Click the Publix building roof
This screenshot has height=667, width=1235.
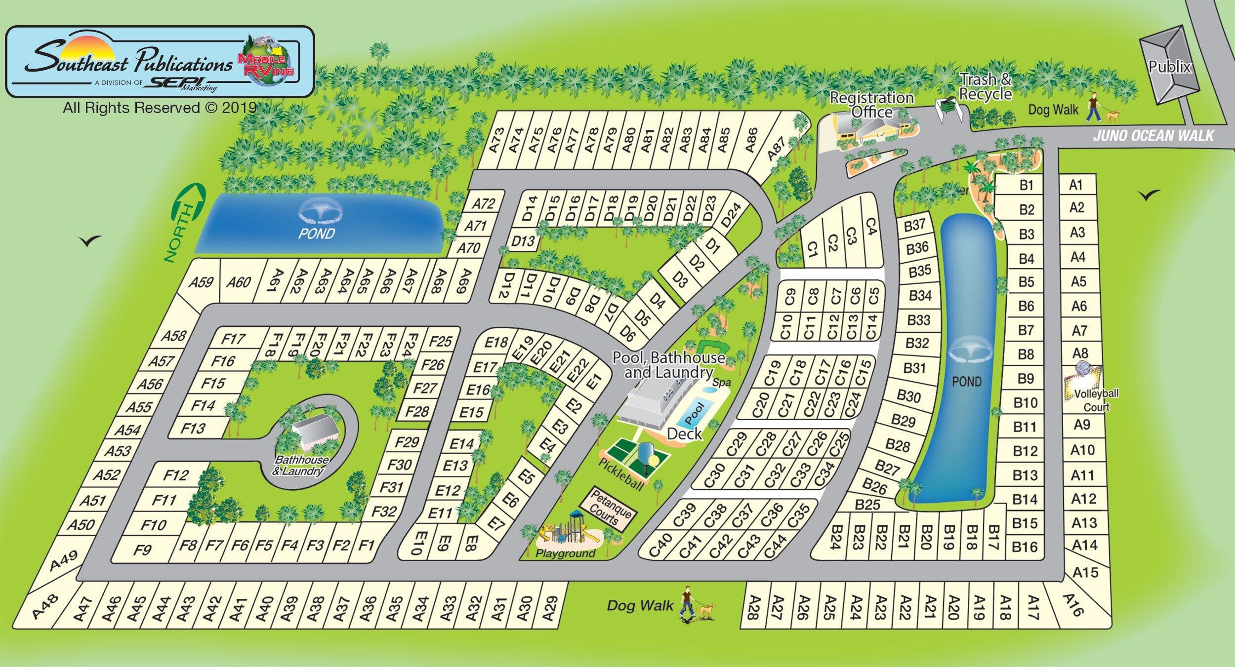[x=1168, y=69]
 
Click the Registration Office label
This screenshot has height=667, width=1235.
[x=871, y=105]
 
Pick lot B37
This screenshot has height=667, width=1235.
[x=914, y=226]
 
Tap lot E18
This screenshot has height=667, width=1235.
[x=496, y=342]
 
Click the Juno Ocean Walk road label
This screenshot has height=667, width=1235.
[x=1153, y=135]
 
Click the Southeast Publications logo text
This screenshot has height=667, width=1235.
[x=128, y=64]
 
